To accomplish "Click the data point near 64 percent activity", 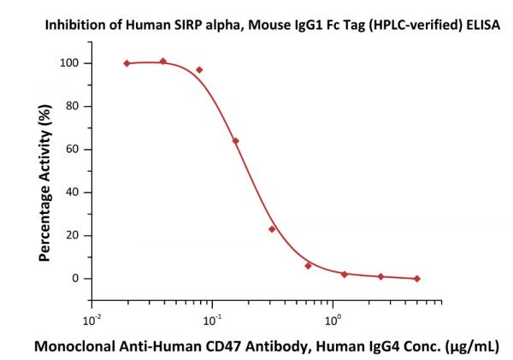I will click(235, 140).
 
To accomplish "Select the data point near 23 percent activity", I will click(272, 229).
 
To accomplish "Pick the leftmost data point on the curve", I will click(127, 63).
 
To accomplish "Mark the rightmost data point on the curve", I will click(416, 279).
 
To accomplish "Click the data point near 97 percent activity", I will click(199, 70).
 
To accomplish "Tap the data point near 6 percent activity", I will click(308, 265).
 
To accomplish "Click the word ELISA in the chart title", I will click(483, 27).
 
